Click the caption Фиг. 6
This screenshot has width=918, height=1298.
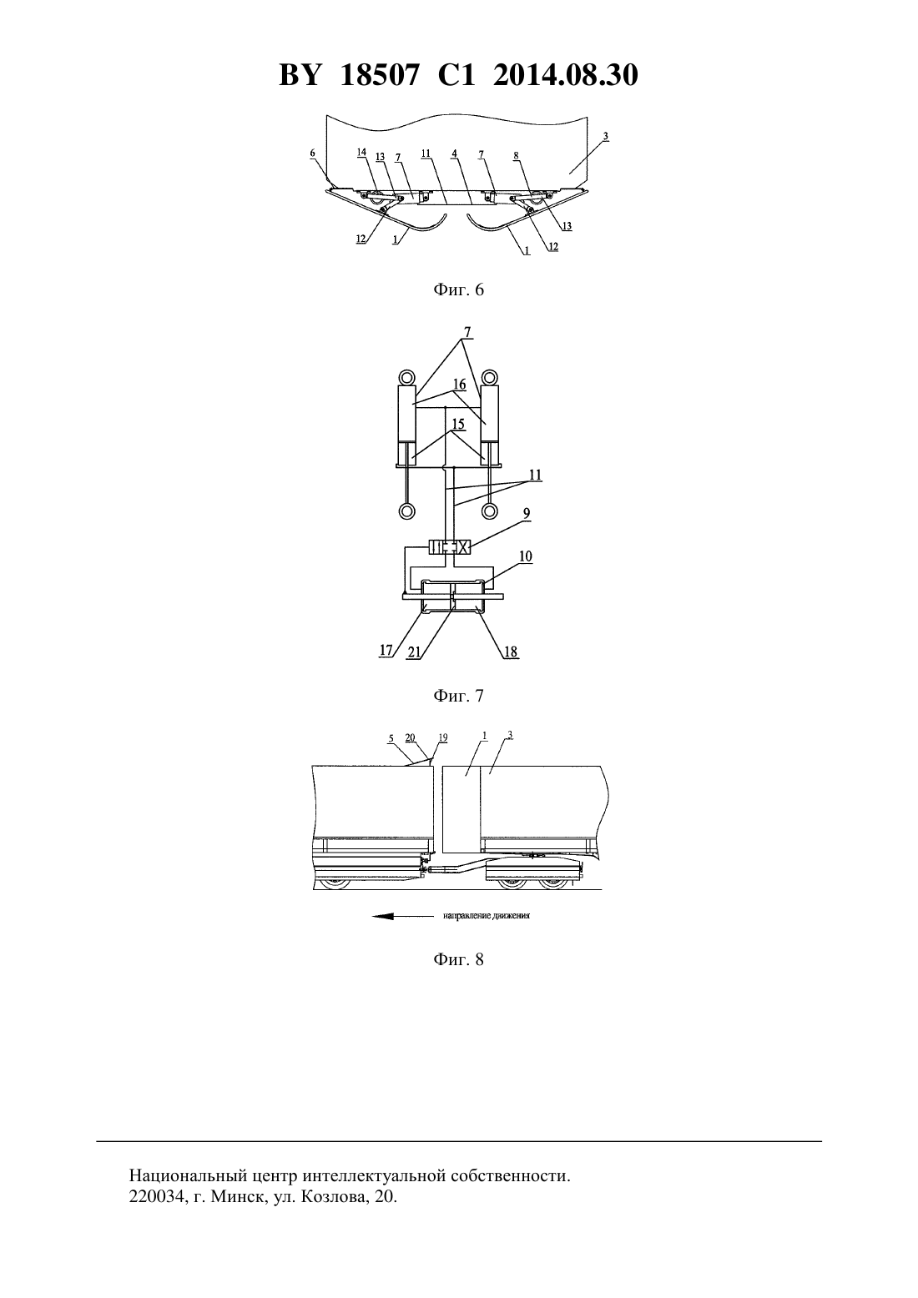[458, 289]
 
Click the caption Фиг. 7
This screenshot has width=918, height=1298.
[458, 696]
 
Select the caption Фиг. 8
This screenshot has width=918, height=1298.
[458, 959]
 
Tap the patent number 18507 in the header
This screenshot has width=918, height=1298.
[379, 75]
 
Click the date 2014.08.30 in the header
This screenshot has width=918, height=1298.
[566, 75]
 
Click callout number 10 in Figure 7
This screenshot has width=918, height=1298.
[526, 556]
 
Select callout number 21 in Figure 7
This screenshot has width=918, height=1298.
[414, 652]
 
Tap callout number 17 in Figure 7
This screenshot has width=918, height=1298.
[386, 651]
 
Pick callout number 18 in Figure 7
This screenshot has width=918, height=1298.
[511, 652]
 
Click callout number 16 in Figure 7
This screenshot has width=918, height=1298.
[460, 385]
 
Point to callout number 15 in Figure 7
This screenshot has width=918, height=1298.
[458, 424]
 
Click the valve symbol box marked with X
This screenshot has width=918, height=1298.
[462, 546]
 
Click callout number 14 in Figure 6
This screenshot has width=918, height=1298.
[361, 153]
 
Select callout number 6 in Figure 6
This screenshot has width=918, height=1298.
[313, 153]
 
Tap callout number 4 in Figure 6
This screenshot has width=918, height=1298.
[454, 153]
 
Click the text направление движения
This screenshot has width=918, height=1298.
[487, 916]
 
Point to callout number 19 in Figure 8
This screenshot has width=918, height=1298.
[443, 737]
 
